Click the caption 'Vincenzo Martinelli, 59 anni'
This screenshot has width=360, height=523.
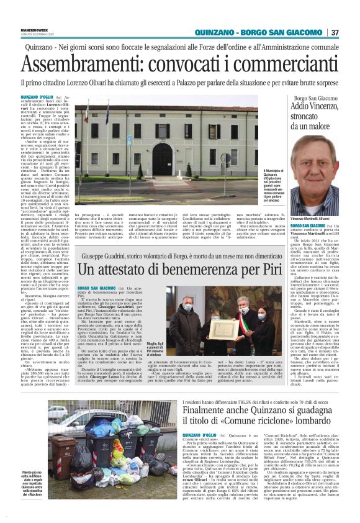[313, 219]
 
